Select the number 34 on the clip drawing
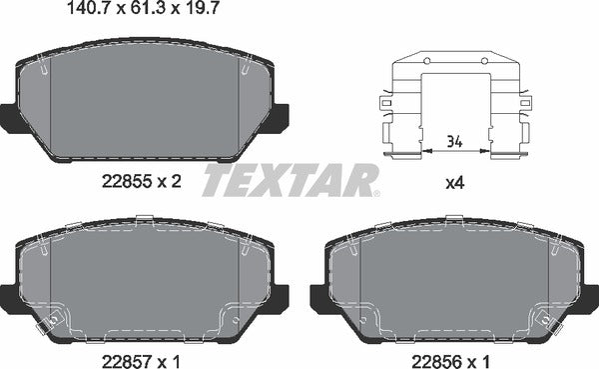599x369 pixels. [x=455, y=140]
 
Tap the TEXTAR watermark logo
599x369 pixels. [x=292, y=182]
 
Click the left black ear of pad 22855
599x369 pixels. [x=9, y=116]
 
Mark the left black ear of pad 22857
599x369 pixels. [x=9, y=296]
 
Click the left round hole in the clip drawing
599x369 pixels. [x=425, y=61]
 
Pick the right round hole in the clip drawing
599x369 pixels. [x=486, y=61]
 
